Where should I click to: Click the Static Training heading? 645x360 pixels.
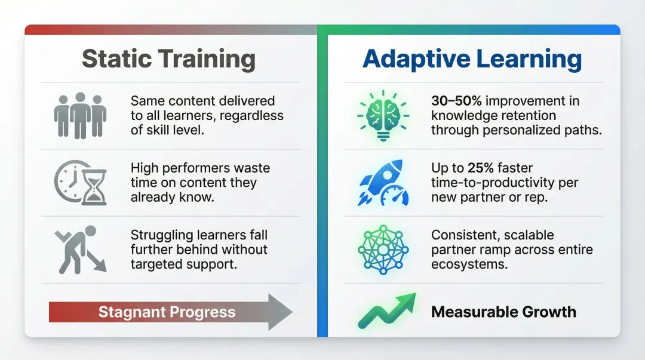[168, 59]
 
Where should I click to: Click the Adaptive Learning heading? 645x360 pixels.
[472, 59]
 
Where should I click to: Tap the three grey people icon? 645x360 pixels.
[79, 115]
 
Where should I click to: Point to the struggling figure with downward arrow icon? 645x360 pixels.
[80, 248]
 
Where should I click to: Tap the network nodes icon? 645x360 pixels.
[383, 249]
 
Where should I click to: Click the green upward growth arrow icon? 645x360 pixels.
[386, 311]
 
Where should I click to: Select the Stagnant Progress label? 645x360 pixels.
[167, 312]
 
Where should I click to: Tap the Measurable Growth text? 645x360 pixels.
[503, 312]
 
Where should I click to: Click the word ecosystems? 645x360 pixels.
[469, 263]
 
